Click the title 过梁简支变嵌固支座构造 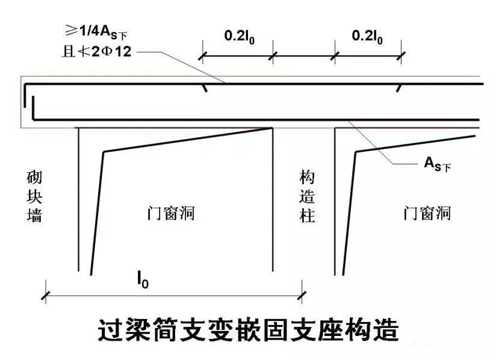pyautogui.click(x=248, y=331)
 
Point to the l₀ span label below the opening pyautogui.click(x=142, y=281)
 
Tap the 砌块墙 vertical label pyautogui.click(x=35, y=196)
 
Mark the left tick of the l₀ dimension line pyautogui.click(x=45, y=294)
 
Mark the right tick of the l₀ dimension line pyautogui.click(x=302, y=294)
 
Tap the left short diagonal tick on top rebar pyautogui.click(x=205, y=88)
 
